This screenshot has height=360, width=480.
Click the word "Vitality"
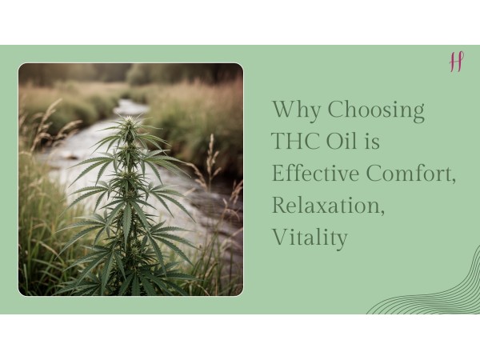coord(310,238)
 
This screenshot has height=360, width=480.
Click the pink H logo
coord(456,62)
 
